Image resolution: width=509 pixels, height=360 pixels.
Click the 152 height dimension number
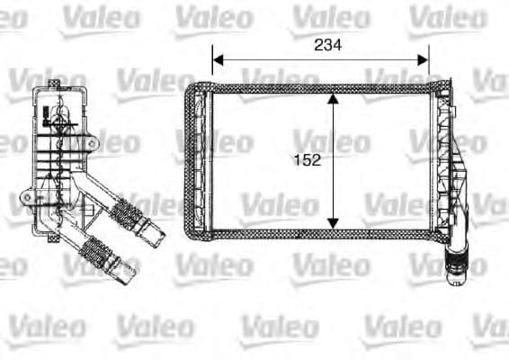point(307,160)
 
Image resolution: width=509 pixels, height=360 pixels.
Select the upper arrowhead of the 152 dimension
point(333,99)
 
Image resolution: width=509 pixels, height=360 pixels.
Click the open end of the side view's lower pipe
point(134,267)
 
